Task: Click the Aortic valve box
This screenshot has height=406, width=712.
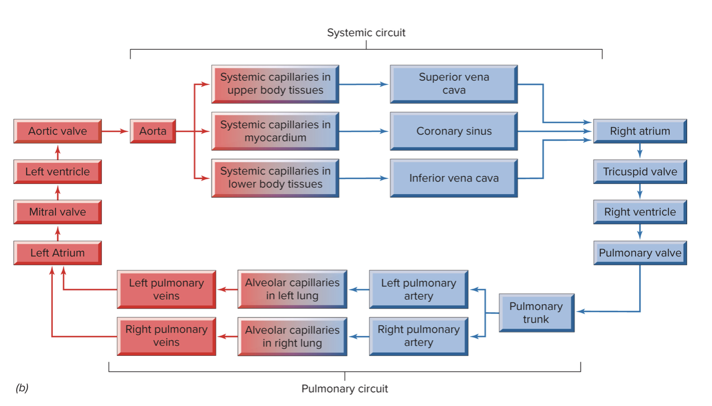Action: click(x=57, y=131)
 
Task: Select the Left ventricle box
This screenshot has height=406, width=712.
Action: click(x=57, y=171)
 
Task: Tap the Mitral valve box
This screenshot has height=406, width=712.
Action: click(x=57, y=212)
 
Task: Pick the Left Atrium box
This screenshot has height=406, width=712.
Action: click(x=57, y=253)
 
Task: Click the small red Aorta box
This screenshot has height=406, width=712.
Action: click(x=153, y=131)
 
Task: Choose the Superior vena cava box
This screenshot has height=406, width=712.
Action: click(x=454, y=84)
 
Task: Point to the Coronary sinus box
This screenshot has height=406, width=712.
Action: click(x=454, y=132)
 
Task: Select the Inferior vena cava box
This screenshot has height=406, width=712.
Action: click(x=454, y=178)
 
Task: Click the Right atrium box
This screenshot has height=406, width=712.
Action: click(x=640, y=131)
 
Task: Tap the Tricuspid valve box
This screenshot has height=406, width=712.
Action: click(x=640, y=171)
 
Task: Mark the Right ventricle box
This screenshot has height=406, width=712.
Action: click(x=640, y=212)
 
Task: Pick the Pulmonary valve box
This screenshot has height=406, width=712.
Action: click(x=640, y=253)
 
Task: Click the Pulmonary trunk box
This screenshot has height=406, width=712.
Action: click(x=536, y=313)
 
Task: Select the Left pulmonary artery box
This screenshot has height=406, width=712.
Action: click(x=419, y=289)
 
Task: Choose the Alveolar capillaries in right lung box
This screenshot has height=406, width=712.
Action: click(x=292, y=337)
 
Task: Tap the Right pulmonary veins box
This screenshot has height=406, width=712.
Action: click(x=166, y=336)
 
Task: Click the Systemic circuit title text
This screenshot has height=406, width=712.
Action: click(x=366, y=33)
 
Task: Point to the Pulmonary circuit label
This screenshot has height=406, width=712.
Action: click(x=345, y=388)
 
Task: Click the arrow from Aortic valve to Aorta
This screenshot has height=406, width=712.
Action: click(x=115, y=132)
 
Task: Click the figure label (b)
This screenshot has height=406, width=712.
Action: click(x=22, y=388)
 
